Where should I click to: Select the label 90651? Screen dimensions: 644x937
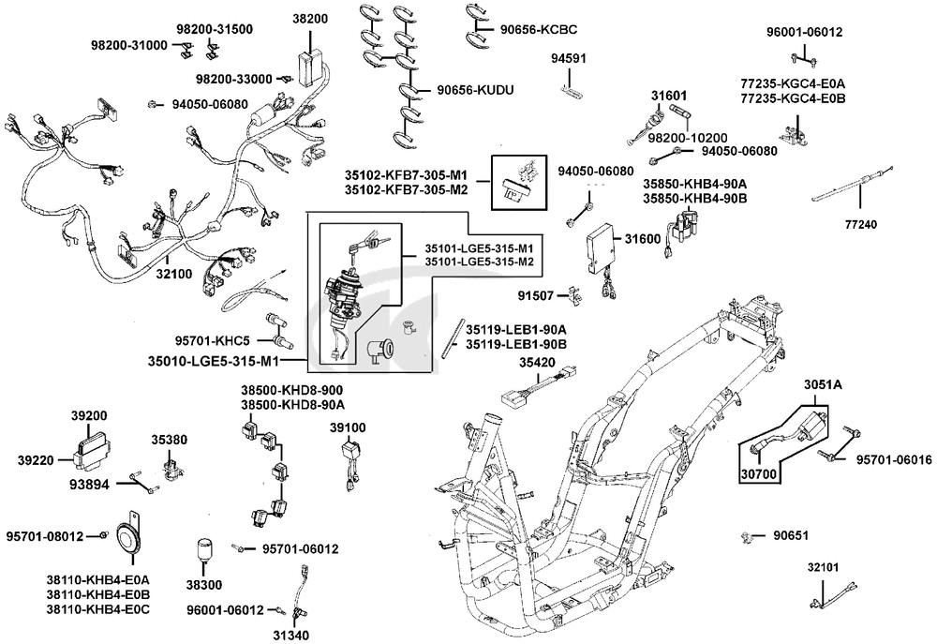(x=791, y=536)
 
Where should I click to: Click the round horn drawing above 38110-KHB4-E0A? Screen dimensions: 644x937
(x=121, y=535)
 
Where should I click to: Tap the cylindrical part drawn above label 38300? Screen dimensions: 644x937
(x=204, y=552)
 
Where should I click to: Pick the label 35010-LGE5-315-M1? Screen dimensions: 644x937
(x=226, y=360)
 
